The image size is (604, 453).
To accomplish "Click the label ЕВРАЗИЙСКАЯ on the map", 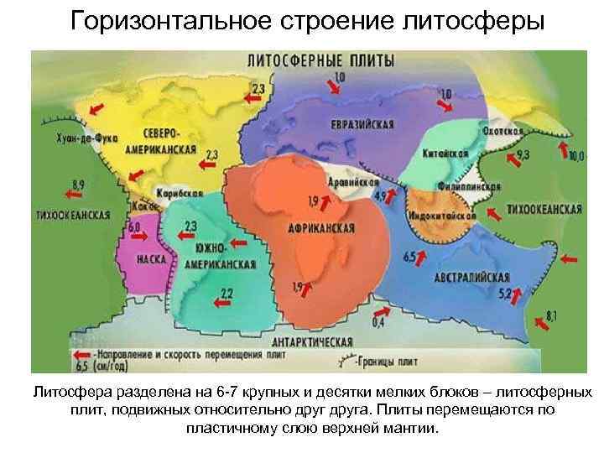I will pyautogui.click(x=362, y=124).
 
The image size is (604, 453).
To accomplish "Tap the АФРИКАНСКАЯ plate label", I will pyautogui.click(x=320, y=228).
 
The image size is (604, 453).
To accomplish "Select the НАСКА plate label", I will pyautogui.click(x=151, y=259).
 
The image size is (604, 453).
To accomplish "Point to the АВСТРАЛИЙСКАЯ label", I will pyautogui.click(x=472, y=277).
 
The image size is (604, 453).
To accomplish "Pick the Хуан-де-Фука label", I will pyautogui.click(x=88, y=138).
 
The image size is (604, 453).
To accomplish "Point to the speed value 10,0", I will pyautogui.click(x=576, y=156).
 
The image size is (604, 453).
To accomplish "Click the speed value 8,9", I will pyautogui.click(x=78, y=184).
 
